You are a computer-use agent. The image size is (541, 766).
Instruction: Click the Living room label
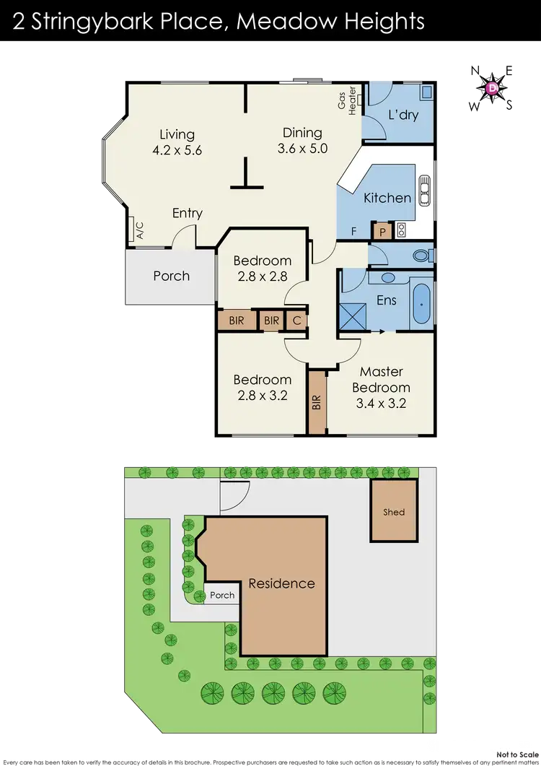pos(177,142)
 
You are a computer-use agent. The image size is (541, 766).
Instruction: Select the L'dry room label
pos(403,115)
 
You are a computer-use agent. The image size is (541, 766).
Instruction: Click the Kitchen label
pos(387,198)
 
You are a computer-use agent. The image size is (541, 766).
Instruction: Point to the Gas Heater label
pos(348,101)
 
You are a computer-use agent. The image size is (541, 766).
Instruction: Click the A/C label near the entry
pos(140,230)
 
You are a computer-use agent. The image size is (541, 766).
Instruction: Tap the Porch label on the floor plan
pos(171,276)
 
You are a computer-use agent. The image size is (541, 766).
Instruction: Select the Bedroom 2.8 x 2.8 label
pos(262,268)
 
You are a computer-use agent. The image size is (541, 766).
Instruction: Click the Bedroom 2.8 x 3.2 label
pos(262,386)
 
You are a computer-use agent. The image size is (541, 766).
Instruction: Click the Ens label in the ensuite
pos(387,300)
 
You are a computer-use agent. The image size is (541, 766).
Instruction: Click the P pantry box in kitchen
pos(382,231)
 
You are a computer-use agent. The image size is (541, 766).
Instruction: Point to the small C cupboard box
pos(296,321)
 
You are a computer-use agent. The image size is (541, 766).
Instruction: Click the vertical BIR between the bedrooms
pos(317,402)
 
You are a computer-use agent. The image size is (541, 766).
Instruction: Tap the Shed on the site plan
pos(394,512)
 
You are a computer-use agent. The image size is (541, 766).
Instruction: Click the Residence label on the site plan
pos(281,583)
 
